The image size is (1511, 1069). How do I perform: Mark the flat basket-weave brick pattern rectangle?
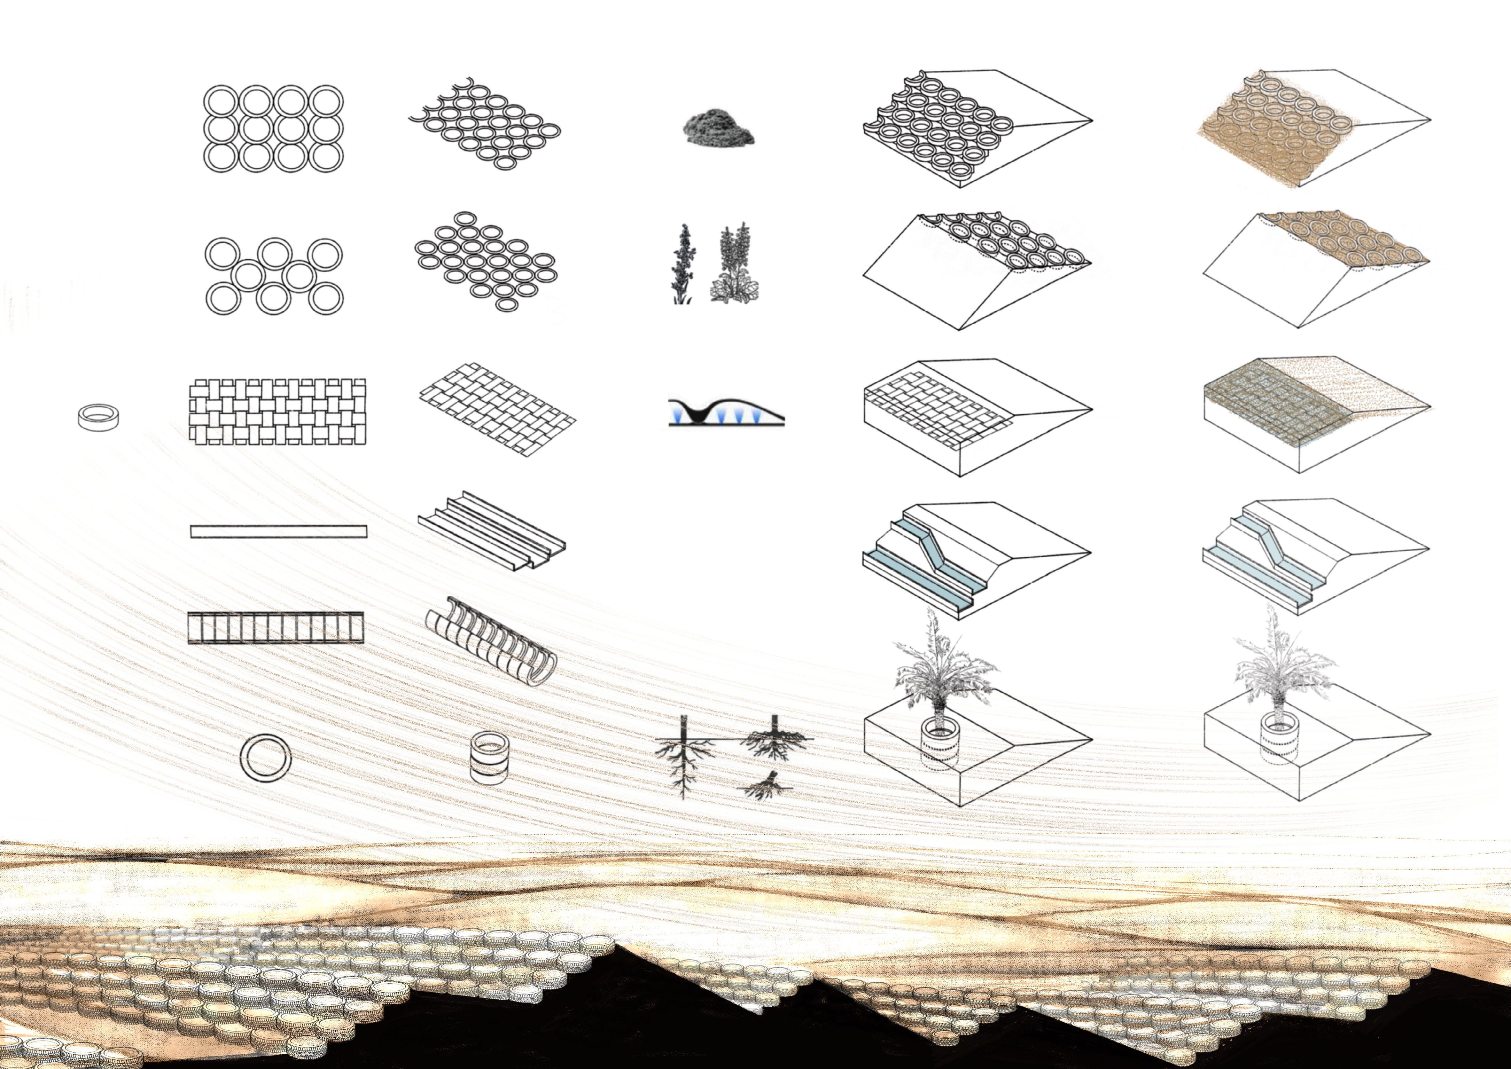[277, 412]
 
